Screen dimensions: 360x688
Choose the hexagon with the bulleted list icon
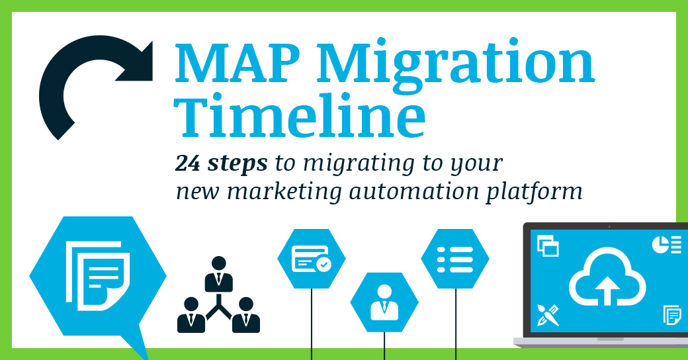(x=455, y=258)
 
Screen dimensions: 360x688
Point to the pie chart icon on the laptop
(x=666, y=244)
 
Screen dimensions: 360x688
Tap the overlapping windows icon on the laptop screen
(x=548, y=246)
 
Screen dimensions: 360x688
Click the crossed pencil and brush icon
(x=549, y=314)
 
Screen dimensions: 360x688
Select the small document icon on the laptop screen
(x=671, y=315)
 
